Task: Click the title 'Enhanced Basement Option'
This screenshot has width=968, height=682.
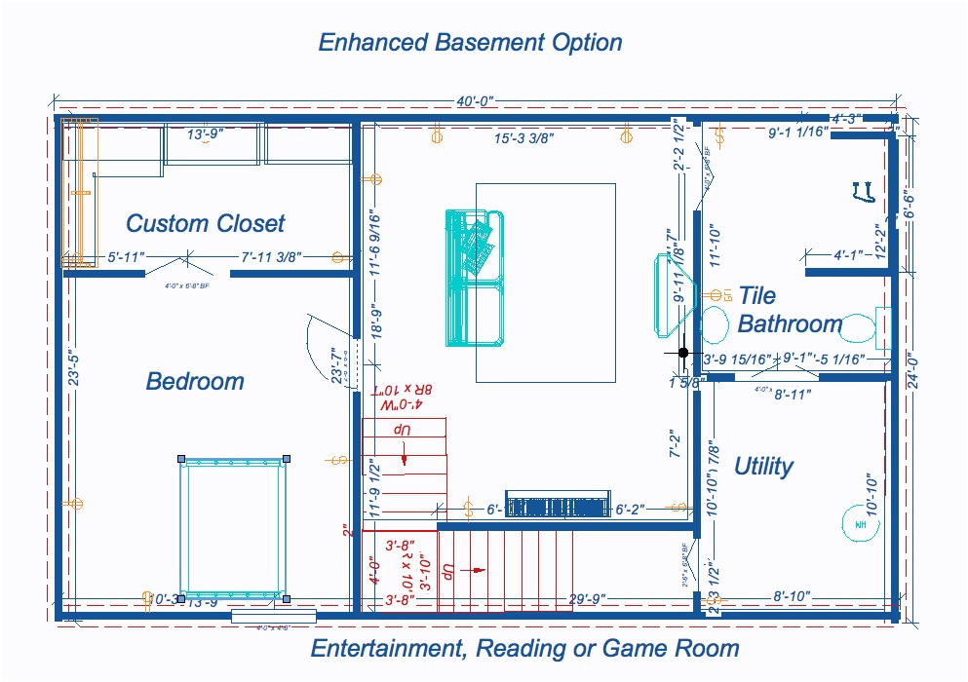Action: point(470,43)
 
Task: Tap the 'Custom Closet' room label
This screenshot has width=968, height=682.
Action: point(205,223)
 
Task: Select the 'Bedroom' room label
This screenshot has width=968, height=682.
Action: point(195,381)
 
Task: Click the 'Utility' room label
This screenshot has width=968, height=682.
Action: point(763,466)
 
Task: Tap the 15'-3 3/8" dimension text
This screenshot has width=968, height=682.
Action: point(523,139)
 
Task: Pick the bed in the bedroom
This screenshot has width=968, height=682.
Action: point(233,527)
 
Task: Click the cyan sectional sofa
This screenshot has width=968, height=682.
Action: point(475,278)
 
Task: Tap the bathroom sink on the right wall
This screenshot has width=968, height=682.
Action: point(883,326)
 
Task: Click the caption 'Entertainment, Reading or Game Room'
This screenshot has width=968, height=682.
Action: point(524,648)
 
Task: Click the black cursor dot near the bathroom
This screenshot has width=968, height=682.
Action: point(683,352)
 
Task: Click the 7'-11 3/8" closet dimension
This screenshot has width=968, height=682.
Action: point(271,257)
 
